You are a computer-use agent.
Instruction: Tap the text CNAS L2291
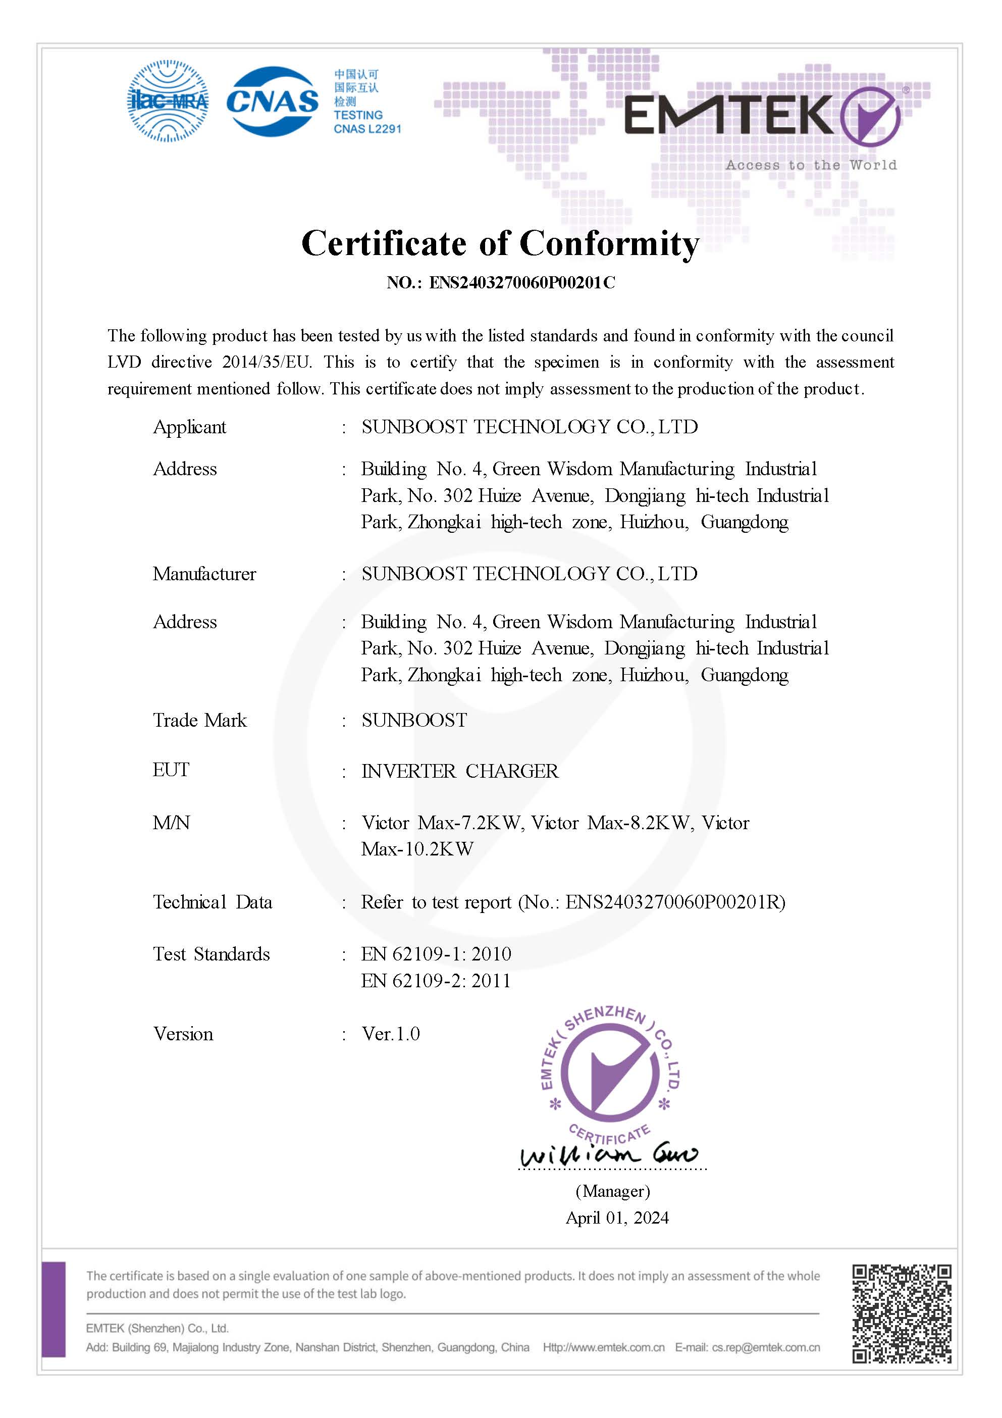click(x=367, y=129)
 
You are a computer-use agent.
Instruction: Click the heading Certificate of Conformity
click(x=500, y=243)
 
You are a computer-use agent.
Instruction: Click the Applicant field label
click(x=189, y=427)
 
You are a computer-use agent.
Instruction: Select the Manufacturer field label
click(x=204, y=574)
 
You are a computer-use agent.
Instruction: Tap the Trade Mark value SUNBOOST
click(x=414, y=720)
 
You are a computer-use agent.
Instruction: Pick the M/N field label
click(x=171, y=823)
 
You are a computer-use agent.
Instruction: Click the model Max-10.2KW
click(x=417, y=849)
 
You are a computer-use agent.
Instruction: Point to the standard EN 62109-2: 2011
click(x=436, y=981)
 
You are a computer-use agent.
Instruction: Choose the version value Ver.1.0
click(x=391, y=1034)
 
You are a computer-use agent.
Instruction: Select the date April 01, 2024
click(x=617, y=1218)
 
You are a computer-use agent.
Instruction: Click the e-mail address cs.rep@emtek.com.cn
click(x=766, y=1348)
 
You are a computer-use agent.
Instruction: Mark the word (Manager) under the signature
click(x=612, y=1191)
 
